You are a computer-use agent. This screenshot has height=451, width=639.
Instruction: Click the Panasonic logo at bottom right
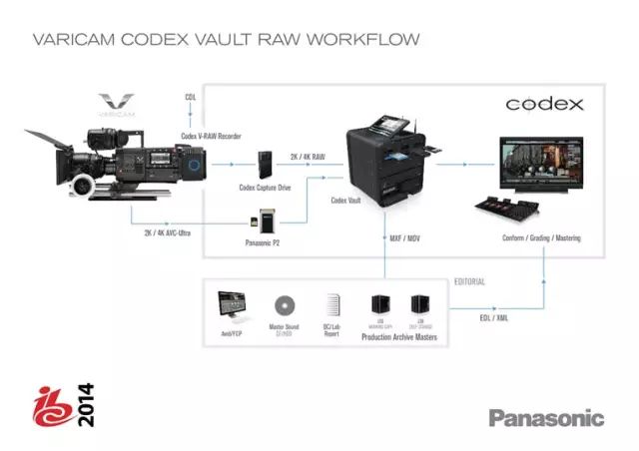click(546, 417)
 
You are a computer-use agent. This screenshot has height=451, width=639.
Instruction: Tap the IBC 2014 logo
click(75, 403)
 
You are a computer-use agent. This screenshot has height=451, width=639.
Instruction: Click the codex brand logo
click(544, 104)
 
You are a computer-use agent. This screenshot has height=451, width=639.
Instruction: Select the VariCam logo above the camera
click(119, 105)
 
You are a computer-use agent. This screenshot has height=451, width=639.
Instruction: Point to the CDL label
click(191, 97)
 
